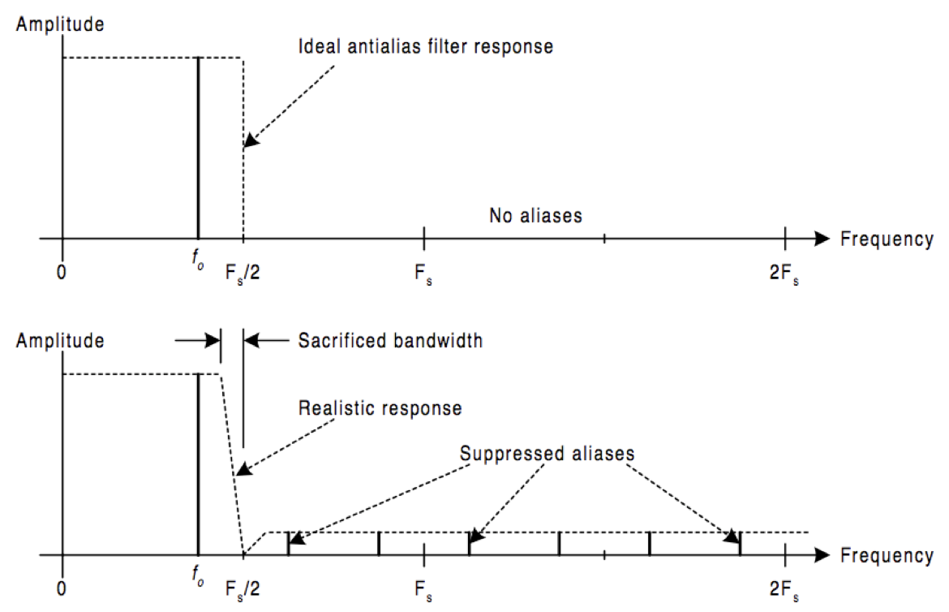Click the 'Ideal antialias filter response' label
tap(426, 46)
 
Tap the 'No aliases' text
tap(535, 216)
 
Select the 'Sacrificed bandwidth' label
tap(390, 341)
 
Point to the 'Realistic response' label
tap(380, 408)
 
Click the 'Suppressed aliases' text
tap(547, 453)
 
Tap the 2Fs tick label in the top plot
tap(784, 274)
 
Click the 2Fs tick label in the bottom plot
tap(784, 589)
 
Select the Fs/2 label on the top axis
tap(242, 274)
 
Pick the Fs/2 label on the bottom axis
tap(242, 589)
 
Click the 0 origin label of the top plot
tap(61, 273)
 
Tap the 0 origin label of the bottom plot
tap(61, 589)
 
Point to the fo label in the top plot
tap(198, 260)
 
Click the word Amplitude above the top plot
tap(60, 24)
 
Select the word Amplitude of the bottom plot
tap(60, 341)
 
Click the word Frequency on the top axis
tap(887, 239)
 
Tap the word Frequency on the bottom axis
tap(887, 556)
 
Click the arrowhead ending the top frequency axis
tap(822, 239)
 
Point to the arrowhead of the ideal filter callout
tap(251, 140)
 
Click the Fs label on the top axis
tap(423, 274)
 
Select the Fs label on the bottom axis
tap(423, 590)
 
